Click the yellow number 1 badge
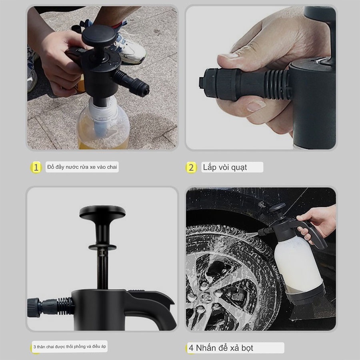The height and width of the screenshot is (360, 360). (x=36, y=167)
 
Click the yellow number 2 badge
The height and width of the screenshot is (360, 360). (x=191, y=168)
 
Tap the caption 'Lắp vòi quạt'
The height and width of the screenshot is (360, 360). (x=225, y=167)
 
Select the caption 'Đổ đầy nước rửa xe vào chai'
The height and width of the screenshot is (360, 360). (x=82, y=167)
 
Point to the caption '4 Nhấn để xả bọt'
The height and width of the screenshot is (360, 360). (x=221, y=348)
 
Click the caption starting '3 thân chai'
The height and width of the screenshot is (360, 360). (x=70, y=346)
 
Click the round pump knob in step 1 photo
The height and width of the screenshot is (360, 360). (x=99, y=36)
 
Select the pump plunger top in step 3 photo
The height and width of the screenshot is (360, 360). (x=102, y=212)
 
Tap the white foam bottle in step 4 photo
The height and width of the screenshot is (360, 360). (x=299, y=264)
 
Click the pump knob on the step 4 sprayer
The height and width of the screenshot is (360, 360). (x=277, y=207)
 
